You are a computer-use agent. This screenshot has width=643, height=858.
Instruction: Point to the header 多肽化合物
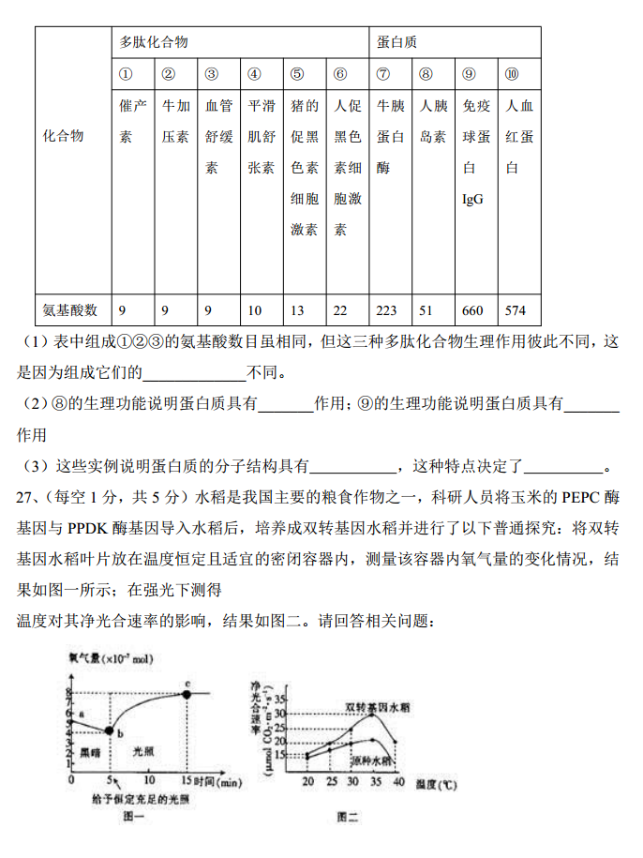[x=154, y=42]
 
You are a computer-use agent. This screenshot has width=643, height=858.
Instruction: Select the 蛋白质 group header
[x=397, y=42]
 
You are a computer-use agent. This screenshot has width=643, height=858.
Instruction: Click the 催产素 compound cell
[x=133, y=122]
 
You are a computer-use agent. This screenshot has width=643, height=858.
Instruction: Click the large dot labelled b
[x=110, y=730]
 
